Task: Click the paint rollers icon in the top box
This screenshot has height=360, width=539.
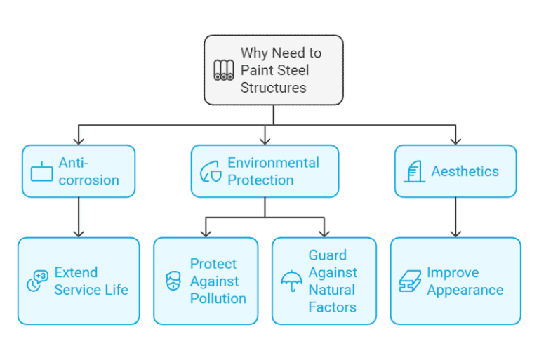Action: (x=224, y=70)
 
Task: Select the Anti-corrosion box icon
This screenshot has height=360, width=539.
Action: (x=42, y=171)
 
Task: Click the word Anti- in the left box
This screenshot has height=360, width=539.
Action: (x=73, y=163)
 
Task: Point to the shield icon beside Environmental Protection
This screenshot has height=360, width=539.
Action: (x=211, y=172)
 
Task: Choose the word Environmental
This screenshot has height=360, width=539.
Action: (x=273, y=163)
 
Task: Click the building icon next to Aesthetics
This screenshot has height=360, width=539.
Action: (x=415, y=171)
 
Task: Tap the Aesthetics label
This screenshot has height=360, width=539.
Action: (x=465, y=171)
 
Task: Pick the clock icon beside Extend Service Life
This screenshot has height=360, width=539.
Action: (x=37, y=281)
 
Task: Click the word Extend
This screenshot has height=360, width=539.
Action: (x=76, y=272)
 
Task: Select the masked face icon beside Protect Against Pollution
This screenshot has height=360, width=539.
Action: (x=173, y=281)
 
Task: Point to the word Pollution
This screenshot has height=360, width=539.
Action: (x=218, y=298)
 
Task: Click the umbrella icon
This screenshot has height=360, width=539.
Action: (x=291, y=281)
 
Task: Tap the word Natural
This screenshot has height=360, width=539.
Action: (x=332, y=290)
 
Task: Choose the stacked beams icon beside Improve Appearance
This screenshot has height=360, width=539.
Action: (x=409, y=281)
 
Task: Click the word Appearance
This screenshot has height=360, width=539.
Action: (x=465, y=290)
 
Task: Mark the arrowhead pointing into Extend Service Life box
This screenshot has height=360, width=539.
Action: (x=78, y=234)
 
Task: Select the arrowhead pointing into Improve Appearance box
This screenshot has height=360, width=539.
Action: (x=455, y=234)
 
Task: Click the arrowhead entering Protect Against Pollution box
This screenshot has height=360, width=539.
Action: (x=206, y=234)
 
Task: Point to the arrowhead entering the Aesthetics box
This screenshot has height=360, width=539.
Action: (x=455, y=141)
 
